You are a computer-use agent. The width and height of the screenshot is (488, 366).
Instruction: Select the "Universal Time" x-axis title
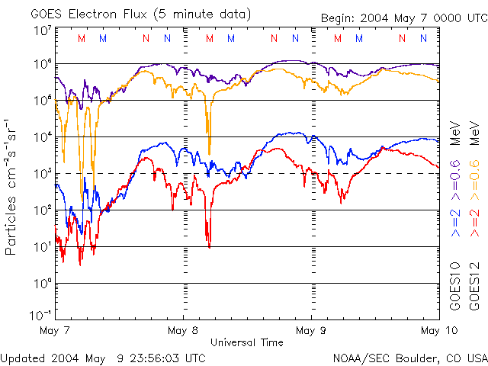tap(246, 342)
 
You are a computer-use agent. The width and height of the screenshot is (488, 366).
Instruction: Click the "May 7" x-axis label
tap(55, 330)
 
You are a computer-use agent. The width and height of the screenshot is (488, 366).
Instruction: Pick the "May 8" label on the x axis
tap(183, 330)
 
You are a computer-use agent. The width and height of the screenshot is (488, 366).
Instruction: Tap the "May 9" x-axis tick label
tap(311, 330)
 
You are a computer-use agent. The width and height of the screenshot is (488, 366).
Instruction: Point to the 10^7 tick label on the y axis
tap(43, 30)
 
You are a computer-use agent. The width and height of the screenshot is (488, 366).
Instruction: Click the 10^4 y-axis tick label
tap(43, 136)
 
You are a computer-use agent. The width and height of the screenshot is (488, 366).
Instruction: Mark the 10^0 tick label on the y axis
tap(43, 283)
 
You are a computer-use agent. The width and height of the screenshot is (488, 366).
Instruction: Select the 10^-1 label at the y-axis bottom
tap(41, 315)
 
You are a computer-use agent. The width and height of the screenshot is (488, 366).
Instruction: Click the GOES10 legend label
tap(455, 287)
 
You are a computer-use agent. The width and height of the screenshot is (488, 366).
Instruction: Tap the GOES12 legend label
tap(474, 287)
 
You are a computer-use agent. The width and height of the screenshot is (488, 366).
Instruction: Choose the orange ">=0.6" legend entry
tap(474, 177)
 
